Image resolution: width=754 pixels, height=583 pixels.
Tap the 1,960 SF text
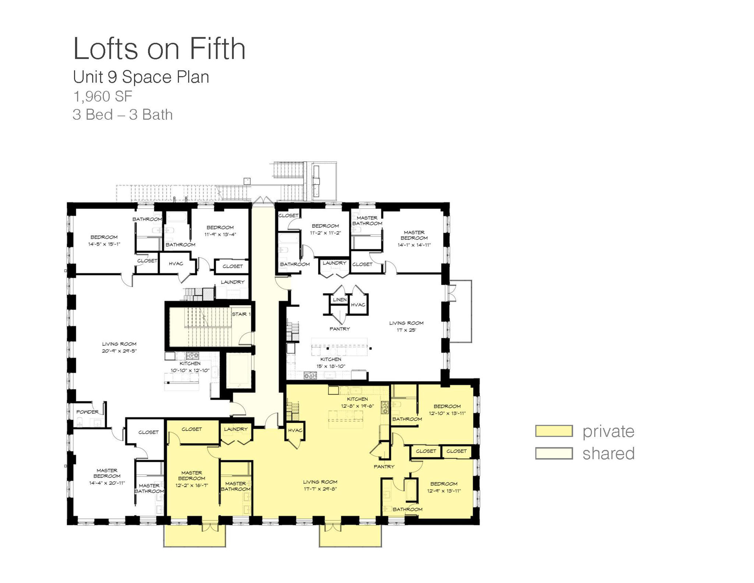pyautogui.click(x=103, y=96)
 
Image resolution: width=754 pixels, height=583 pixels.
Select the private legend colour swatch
pyautogui.click(x=554, y=431)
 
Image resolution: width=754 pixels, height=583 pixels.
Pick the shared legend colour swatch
pyautogui.click(x=554, y=453)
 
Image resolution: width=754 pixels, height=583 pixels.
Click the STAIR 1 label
pyautogui.click(x=241, y=314)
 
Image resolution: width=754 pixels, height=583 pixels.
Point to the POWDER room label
pyautogui.click(x=87, y=412)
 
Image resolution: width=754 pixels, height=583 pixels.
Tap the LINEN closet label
pyautogui.click(x=339, y=300)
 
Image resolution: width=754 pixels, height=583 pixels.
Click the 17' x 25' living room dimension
pyautogui.click(x=406, y=330)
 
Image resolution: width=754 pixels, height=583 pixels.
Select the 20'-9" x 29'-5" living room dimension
pyautogui.click(x=119, y=351)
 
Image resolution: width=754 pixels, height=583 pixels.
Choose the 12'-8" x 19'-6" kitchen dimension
pyautogui.click(x=357, y=406)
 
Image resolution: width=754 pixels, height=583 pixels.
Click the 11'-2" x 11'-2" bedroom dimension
pyautogui.click(x=325, y=233)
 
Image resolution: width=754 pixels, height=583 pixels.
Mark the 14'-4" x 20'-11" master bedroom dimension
pyautogui.click(x=107, y=483)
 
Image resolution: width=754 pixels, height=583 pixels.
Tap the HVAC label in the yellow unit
pyautogui.click(x=295, y=431)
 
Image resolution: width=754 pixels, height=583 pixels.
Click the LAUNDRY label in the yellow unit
pyautogui.click(x=236, y=429)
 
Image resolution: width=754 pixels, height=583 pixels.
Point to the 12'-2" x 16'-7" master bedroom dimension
pyautogui.click(x=191, y=485)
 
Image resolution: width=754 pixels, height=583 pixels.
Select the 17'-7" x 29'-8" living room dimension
pyautogui.click(x=320, y=489)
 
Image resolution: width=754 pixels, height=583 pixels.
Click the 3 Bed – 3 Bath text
pyautogui.click(x=123, y=115)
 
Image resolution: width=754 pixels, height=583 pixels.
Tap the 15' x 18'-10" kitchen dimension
pyautogui.click(x=331, y=366)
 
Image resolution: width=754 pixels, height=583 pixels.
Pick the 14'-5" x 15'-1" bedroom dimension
pyautogui.click(x=104, y=244)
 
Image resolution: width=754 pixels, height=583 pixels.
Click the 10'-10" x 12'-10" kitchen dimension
pyautogui.click(x=190, y=370)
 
